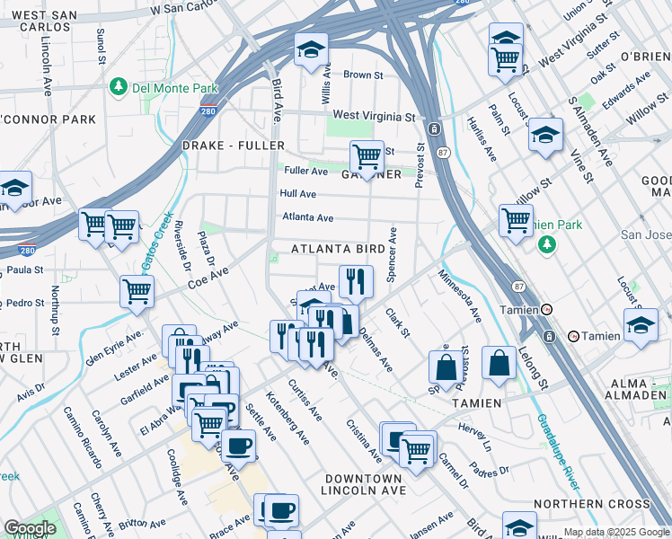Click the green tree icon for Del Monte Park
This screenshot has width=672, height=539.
117,87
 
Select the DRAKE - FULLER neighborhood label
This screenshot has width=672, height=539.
233,146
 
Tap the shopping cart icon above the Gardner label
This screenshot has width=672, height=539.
367,156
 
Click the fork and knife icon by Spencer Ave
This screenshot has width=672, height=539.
356,281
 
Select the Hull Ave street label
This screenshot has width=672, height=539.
297,193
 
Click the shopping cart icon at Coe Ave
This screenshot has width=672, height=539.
137,291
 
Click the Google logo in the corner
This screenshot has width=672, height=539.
30,528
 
